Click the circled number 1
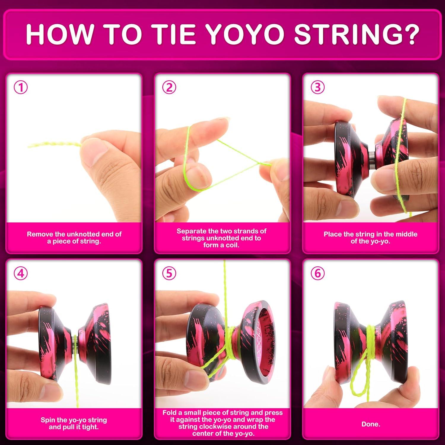[21, 88]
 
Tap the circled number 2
[169, 88]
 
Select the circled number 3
[317, 88]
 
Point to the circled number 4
[21, 273]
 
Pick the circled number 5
[169, 273]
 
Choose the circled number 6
[317, 273]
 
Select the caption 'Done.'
[371, 424]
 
